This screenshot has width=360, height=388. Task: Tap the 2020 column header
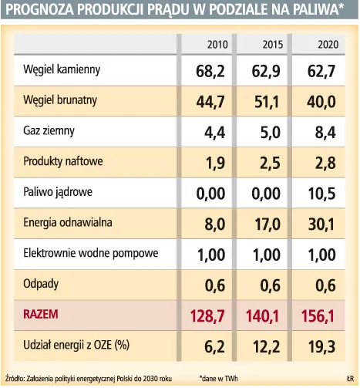[327, 44]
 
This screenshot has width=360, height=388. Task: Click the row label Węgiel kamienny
[62, 71]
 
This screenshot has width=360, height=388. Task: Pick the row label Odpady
[41, 283]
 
